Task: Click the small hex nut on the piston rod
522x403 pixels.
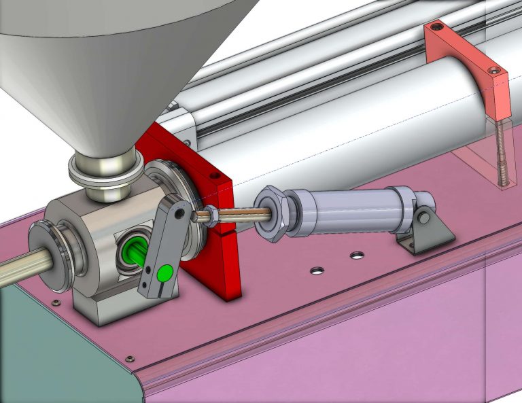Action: click(211, 216)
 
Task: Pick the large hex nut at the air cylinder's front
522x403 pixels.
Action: click(272, 213)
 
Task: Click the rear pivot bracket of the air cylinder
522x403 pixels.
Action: click(426, 226)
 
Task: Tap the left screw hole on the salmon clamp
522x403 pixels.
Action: click(436, 27)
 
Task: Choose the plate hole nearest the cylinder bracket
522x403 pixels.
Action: click(357, 256)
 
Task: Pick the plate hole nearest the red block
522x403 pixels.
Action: click(316, 270)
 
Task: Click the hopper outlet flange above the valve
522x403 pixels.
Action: click(105, 171)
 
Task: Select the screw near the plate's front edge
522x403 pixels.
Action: click(128, 357)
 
